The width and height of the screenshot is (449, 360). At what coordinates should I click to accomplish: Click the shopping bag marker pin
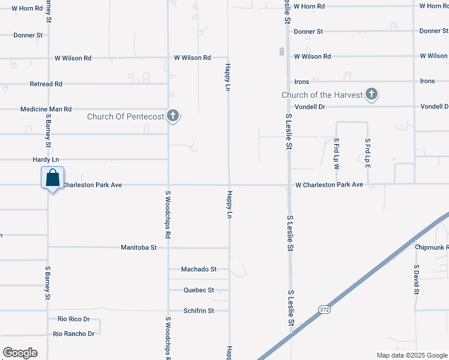tap(53, 178)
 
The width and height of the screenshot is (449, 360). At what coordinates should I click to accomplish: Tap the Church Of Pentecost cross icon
tap(173, 116)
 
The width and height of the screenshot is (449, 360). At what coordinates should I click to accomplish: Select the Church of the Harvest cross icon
tap(372, 94)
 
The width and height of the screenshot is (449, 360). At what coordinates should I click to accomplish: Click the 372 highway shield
tap(324, 309)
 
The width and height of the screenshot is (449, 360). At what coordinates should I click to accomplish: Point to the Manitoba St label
tap(139, 247)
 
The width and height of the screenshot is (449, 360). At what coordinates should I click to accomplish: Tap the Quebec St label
tap(199, 290)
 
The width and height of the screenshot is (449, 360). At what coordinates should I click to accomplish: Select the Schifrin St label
tap(198, 311)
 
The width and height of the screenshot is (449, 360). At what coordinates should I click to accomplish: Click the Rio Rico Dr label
tap(73, 319)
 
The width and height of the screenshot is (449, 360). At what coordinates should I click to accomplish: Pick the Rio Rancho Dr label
tap(74, 334)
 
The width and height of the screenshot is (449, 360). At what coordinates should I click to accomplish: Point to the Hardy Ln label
tap(46, 160)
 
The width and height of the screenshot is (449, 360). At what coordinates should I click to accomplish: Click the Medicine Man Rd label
tap(46, 109)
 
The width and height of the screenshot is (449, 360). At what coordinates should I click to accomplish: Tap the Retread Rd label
tap(46, 84)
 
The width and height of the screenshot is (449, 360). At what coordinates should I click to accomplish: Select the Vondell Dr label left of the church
tap(310, 106)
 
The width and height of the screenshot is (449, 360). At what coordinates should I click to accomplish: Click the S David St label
tap(415, 279)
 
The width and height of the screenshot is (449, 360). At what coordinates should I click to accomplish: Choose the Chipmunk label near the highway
tap(432, 247)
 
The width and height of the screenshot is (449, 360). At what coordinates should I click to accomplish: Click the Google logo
tap(20, 353)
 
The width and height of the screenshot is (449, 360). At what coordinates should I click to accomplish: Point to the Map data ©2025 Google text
tap(411, 355)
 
